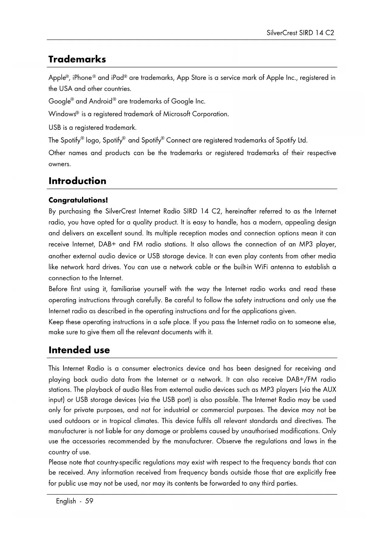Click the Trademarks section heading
77,59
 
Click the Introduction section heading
77,181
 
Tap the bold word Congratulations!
78,200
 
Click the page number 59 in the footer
89,501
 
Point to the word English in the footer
66,501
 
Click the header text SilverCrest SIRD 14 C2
300,33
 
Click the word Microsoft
177,114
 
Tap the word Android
101,101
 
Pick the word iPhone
82,78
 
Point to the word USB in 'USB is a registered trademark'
55,127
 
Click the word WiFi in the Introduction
261,267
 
